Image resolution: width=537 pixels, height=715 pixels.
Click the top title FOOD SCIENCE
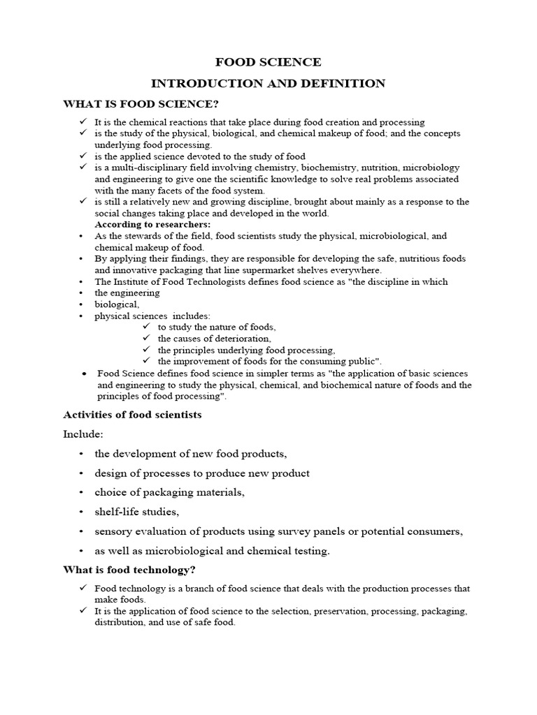pyautogui.click(x=268, y=62)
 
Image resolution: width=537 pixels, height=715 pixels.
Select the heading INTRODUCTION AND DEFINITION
pyautogui.click(x=268, y=84)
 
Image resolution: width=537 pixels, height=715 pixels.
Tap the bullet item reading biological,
pyautogui.click(x=117, y=304)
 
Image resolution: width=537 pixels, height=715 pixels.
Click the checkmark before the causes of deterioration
pyautogui.click(x=146, y=338)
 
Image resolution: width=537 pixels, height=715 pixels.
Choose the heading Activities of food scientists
pyautogui.click(x=132, y=415)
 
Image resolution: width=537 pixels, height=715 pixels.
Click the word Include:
pyautogui.click(x=83, y=434)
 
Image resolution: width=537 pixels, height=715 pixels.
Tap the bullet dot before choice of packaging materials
pyautogui.click(x=81, y=492)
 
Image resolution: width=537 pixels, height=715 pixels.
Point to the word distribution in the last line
pyautogui.click(x=120, y=623)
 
